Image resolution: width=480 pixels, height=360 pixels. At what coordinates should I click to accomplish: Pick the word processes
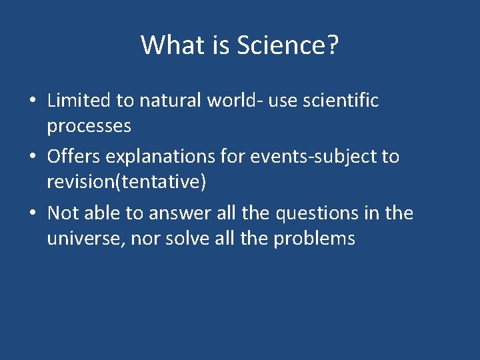pos(89,125)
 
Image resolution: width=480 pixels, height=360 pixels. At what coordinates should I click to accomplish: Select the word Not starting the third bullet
pos(63,213)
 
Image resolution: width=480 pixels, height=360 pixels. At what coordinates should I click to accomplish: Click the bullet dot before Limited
pos(32,101)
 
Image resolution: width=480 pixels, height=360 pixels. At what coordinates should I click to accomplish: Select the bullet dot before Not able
pos(32,214)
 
